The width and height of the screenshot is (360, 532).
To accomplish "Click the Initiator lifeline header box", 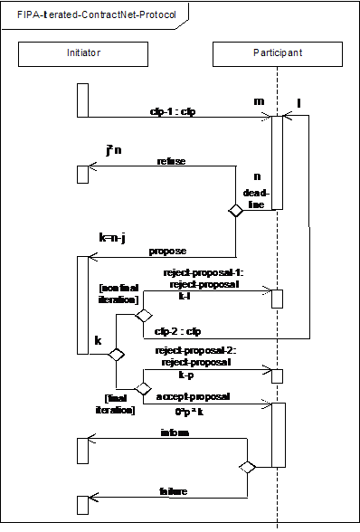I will click(83, 53).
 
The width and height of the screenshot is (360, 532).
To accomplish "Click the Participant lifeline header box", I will click(277, 53).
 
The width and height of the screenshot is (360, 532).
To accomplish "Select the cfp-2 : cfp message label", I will click(174, 332).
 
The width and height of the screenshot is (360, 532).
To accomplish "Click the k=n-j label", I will click(112, 238).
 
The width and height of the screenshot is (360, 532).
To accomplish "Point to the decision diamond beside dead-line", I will click(235, 211).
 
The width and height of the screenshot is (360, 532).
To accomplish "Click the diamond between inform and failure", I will click(247, 467).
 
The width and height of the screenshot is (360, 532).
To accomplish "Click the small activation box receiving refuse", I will click(82, 174).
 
